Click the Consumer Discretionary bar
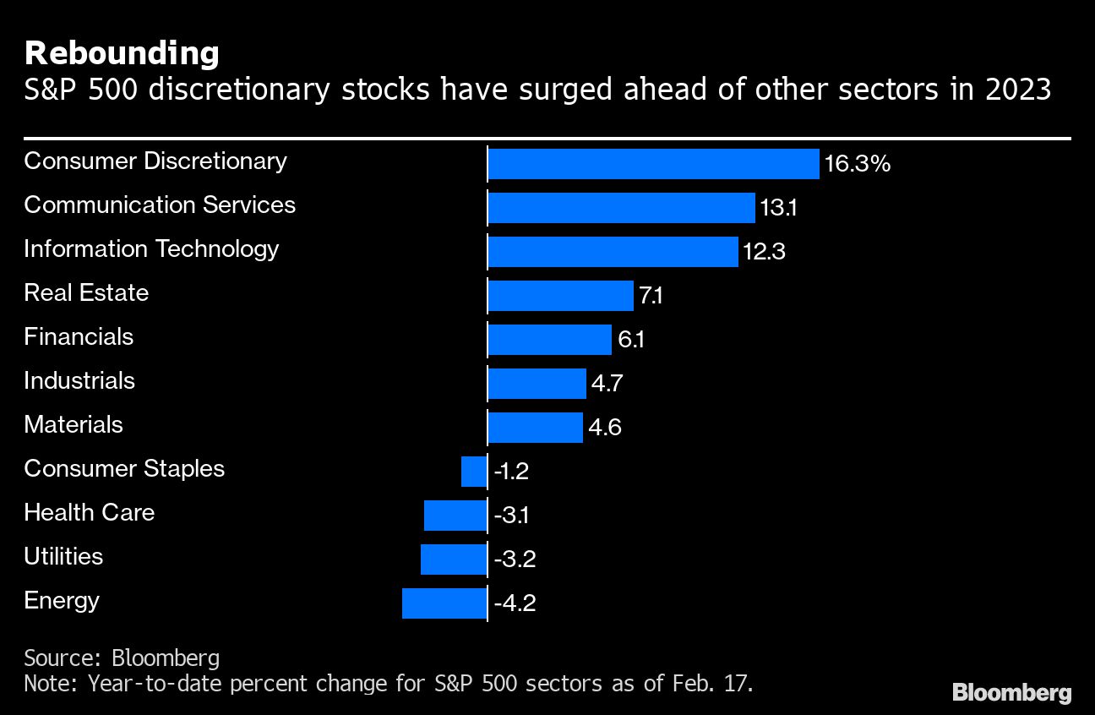pyautogui.click(x=653, y=164)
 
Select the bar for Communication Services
pyautogui.click(x=621, y=208)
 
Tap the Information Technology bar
pyautogui.click(x=613, y=252)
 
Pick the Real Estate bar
pyautogui.click(x=560, y=296)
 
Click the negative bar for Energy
pyautogui.click(x=444, y=603)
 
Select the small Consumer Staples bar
pyautogui.click(x=474, y=472)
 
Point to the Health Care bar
pyautogui.click(x=455, y=516)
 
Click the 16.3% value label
pyautogui.click(x=858, y=164)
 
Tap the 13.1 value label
pyautogui.click(x=778, y=208)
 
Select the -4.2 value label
pyautogui.click(x=514, y=603)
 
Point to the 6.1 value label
pyautogui.click(x=631, y=340)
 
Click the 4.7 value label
pyautogui.click(x=607, y=384)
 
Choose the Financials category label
pyautogui.click(x=79, y=336)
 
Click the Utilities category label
pyautogui.click(x=63, y=556)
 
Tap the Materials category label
pyautogui.click(x=74, y=424)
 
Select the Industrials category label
pyautogui.click(x=79, y=380)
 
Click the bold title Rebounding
pyautogui.click(x=122, y=53)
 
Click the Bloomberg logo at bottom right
pyautogui.click(x=1011, y=693)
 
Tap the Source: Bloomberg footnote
pyautogui.click(x=122, y=658)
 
